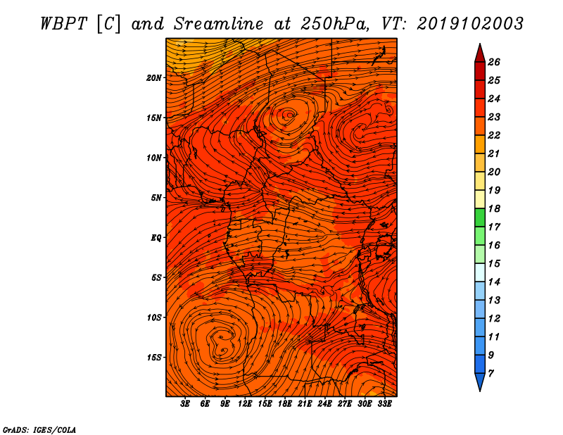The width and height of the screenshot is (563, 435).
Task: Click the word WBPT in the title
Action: coord(63,24)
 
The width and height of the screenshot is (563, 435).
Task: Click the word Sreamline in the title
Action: coord(218,24)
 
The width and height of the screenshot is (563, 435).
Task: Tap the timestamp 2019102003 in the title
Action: coord(470,24)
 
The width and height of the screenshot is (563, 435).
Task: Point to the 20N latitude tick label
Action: coord(153,78)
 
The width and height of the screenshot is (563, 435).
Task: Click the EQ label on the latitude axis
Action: coord(156,238)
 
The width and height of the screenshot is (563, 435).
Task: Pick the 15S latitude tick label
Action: coord(153,358)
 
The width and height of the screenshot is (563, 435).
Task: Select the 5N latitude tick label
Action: coord(156,198)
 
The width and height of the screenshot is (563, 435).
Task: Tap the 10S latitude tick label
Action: coord(153,317)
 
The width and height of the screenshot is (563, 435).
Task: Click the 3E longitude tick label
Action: coord(185,404)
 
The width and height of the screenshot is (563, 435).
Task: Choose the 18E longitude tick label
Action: coord(284,404)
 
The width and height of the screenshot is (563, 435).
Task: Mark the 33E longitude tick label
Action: coord(384,404)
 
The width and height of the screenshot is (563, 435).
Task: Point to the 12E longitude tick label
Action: coord(244,404)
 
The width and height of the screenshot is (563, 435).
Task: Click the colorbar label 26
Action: coord(494,62)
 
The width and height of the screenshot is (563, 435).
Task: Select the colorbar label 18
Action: coord(494,208)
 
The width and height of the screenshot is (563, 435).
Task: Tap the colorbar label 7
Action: coord(491,373)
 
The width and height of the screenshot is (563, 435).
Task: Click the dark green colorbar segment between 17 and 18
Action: coord(480,217)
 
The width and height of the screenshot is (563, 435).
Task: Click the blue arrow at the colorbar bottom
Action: coord(480,382)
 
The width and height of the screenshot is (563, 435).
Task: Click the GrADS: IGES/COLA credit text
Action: coord(39,430)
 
